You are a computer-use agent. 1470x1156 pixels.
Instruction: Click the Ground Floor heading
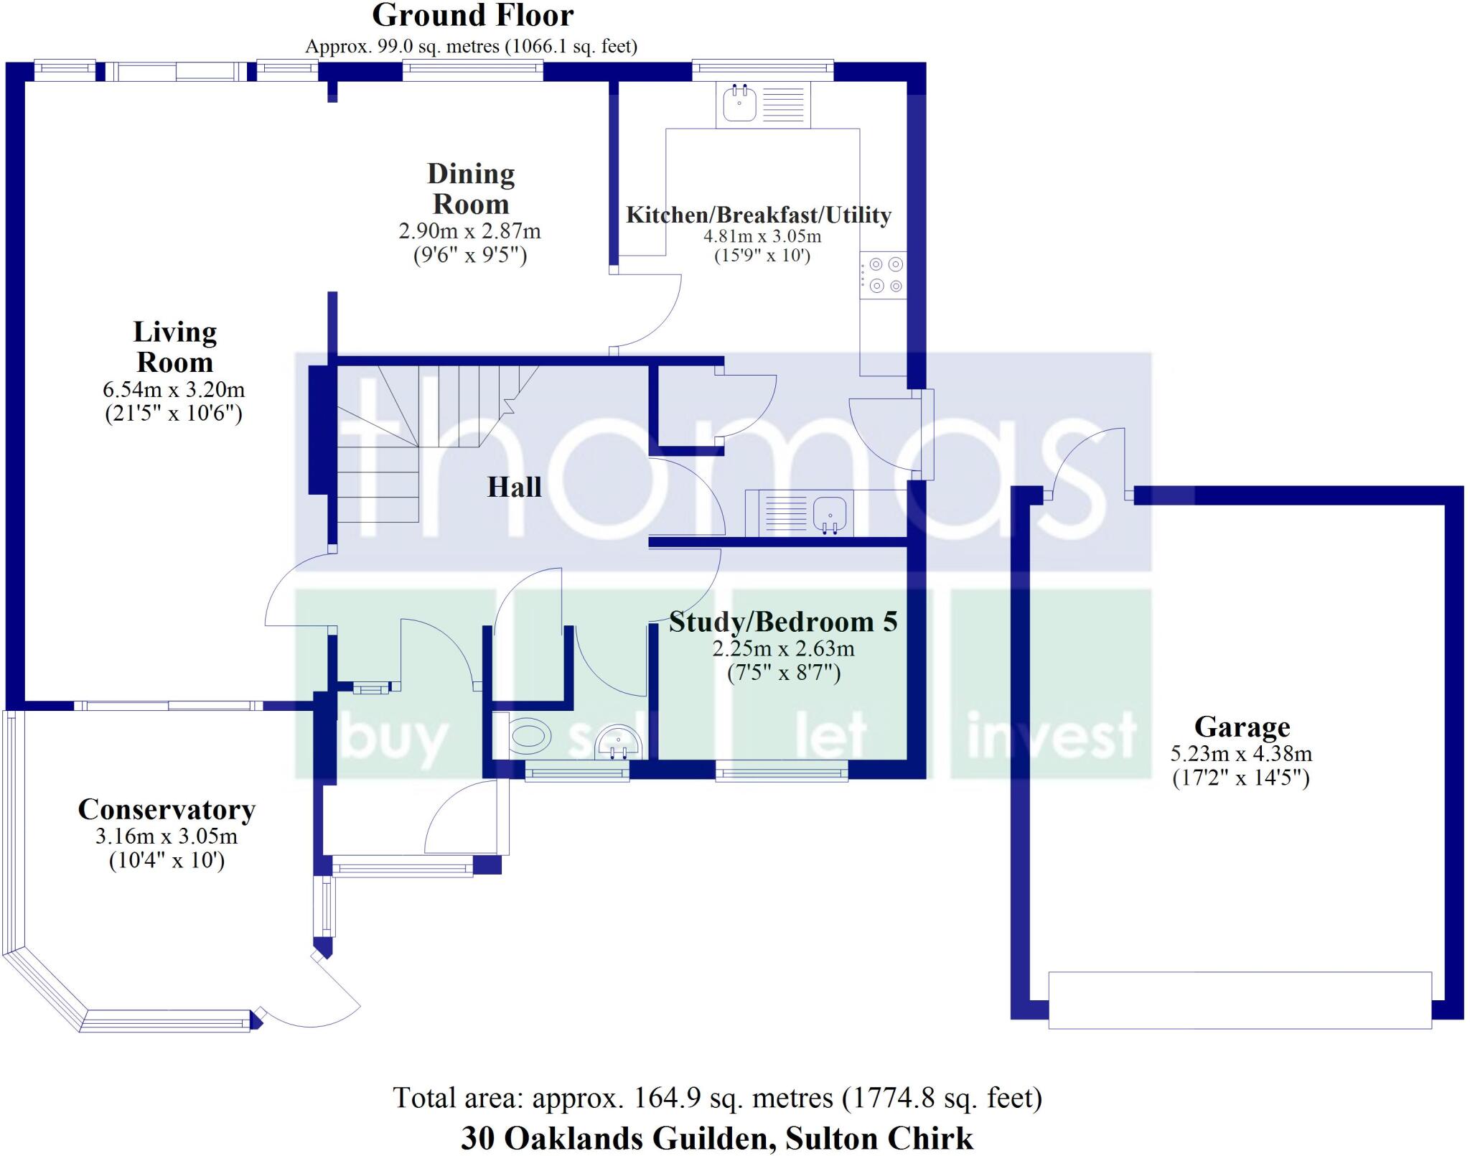(472, 16)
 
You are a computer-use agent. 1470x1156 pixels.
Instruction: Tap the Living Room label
(174, 347)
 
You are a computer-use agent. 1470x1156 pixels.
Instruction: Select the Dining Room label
(471, 189)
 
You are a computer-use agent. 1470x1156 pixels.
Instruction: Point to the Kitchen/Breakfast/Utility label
(758, 215)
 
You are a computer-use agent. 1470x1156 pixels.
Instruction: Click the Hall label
(514, 488)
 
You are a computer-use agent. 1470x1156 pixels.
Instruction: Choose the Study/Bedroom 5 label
(783, 622)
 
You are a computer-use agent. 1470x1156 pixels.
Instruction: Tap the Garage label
(1242, 727)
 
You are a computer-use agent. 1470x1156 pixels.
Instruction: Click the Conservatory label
(167, 810)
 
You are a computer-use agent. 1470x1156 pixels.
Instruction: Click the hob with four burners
(884, 275)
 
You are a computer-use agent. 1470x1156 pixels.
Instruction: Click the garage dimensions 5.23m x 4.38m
(1241, 754)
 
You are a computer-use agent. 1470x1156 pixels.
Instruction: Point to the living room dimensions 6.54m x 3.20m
(174, 390)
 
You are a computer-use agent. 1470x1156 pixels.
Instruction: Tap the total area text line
(717, 1097)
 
